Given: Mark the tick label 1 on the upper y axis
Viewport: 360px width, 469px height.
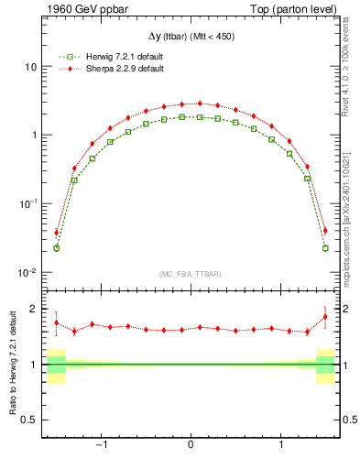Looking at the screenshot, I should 33,136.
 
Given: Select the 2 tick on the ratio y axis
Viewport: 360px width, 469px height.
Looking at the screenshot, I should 33,310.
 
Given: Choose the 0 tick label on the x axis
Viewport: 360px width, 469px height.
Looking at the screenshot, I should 190,446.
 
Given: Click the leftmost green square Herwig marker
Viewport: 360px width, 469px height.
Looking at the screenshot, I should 56,248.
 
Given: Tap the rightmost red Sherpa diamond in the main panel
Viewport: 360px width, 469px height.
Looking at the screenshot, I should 325,231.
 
